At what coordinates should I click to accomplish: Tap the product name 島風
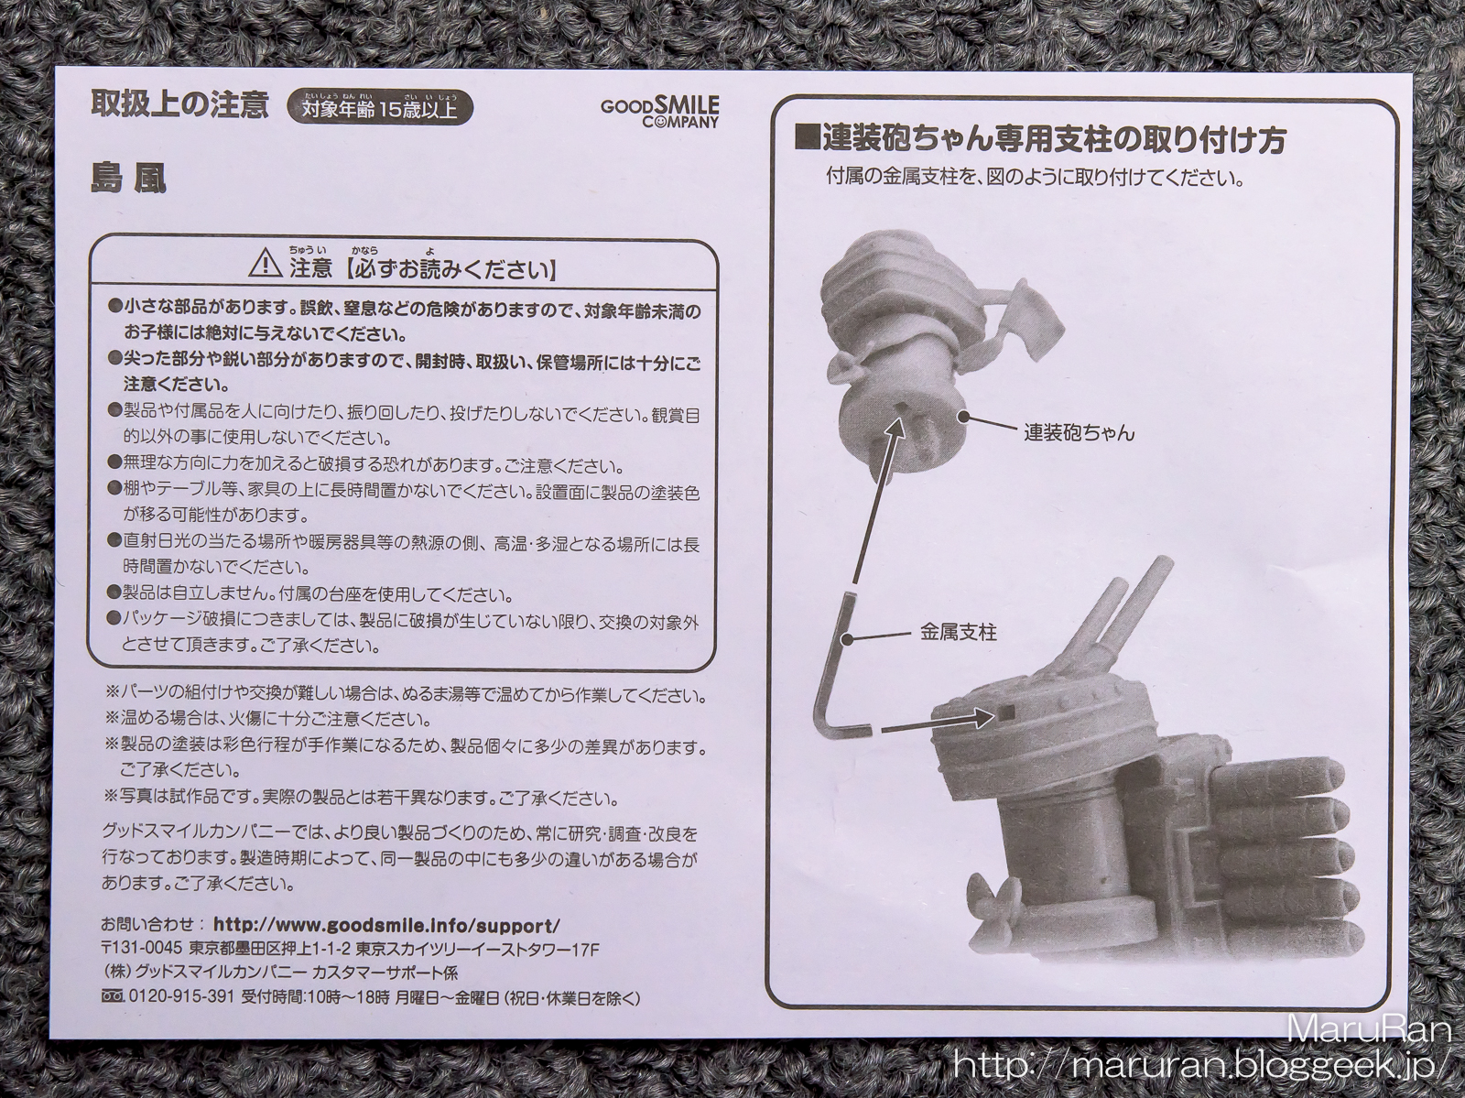(128, 179)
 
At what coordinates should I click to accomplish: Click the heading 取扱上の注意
(180, 105)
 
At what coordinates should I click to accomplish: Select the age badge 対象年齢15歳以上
(379, 107)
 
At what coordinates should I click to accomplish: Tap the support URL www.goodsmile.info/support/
(386, 926)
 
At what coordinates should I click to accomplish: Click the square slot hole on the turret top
(1006, 713)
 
